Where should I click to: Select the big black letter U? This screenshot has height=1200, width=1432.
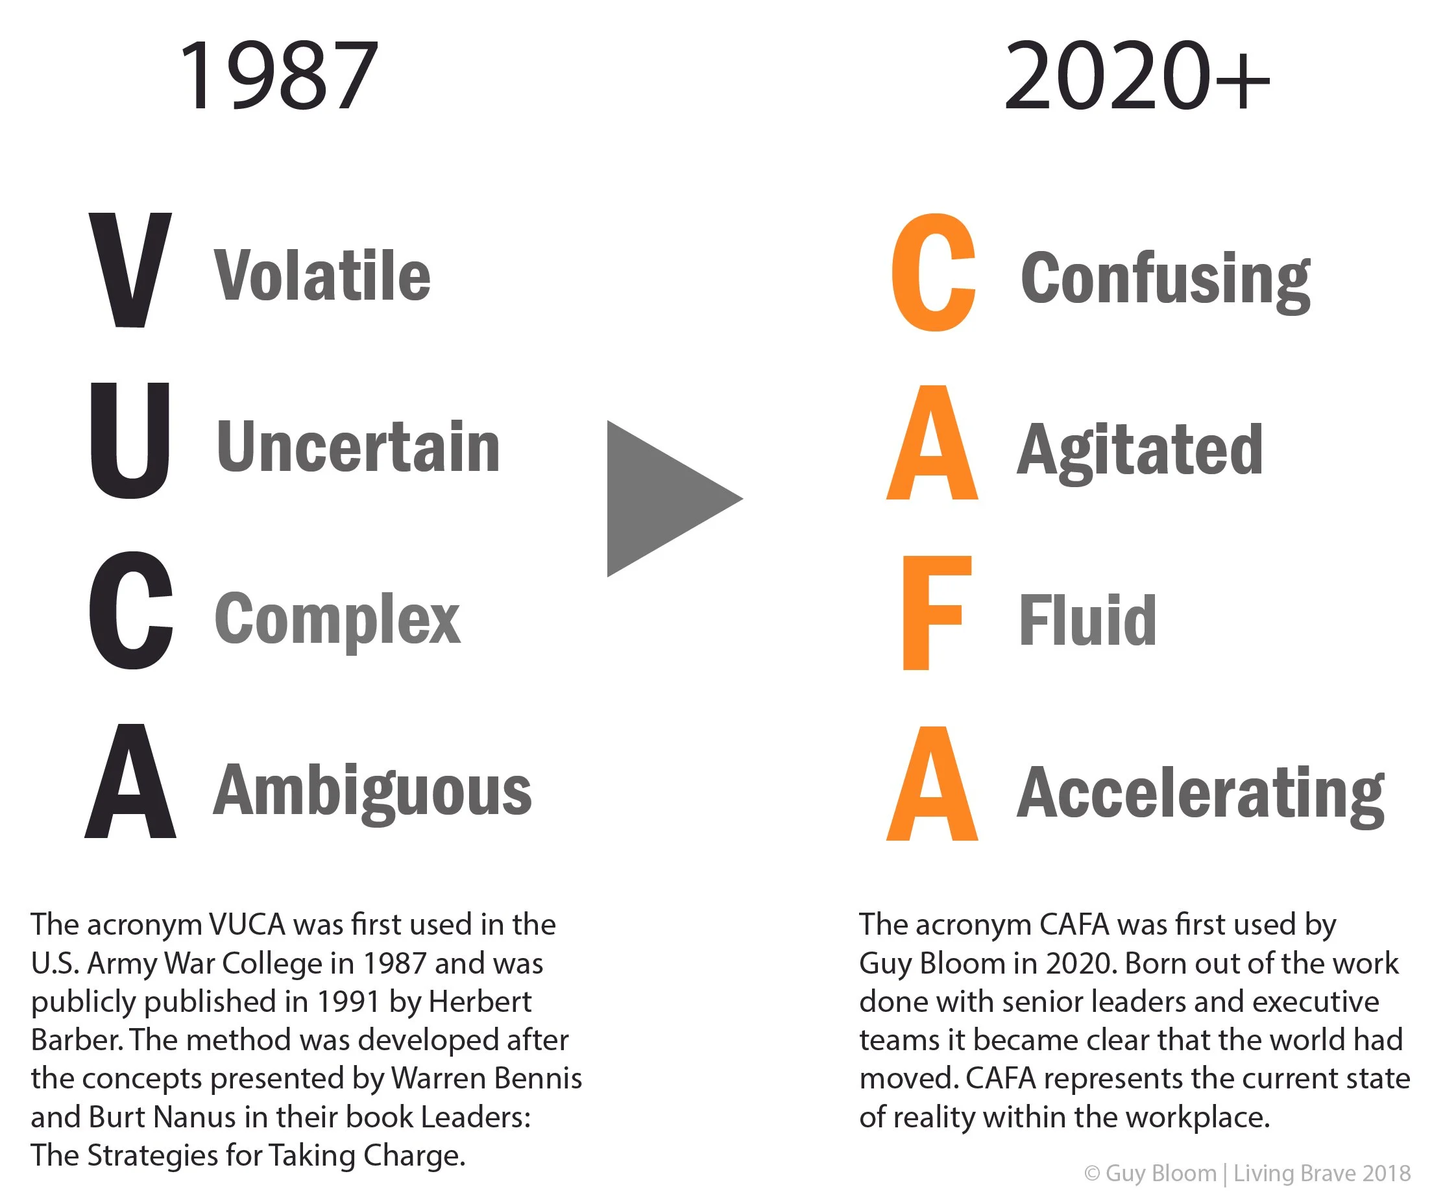tap(130, 440)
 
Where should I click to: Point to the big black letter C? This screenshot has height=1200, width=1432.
tap(131, 610)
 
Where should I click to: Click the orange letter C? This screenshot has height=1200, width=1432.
tap(933, 272)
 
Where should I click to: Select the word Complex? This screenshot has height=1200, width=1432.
tap(337, 618)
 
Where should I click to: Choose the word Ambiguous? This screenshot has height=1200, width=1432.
tap(372, 791)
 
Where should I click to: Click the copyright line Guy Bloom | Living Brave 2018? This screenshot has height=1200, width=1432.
tap(1247, 1173)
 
